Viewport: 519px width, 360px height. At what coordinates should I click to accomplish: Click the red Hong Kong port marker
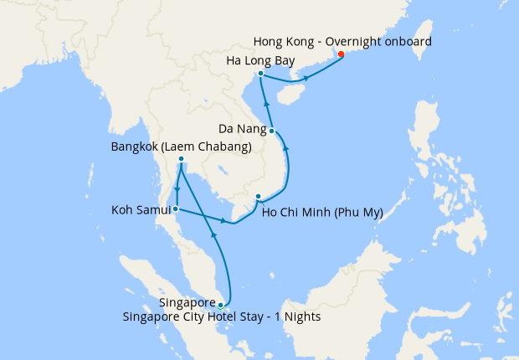point(341,55)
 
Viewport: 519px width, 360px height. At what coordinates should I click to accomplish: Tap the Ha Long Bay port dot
point(261,74)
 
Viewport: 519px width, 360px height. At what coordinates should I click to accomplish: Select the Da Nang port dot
point(272,131)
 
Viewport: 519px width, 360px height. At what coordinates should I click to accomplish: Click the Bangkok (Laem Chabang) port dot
point(181,160)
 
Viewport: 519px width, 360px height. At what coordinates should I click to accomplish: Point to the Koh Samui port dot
point(176,208)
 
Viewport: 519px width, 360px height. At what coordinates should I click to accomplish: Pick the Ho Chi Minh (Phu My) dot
point(258,198)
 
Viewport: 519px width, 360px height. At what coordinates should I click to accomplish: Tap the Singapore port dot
point(220,306)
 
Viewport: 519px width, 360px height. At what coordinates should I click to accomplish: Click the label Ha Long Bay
point(260,60)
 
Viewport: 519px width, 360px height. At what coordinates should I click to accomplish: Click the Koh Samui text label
point(139,209)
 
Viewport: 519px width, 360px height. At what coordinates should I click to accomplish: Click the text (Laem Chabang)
point(210,147)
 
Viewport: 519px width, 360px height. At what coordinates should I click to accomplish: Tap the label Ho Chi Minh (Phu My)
point(322,212)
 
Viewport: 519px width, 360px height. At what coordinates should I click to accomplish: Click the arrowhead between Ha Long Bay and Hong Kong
point(307,78)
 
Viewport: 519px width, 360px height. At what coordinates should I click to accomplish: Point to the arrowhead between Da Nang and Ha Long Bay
point(265,103)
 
